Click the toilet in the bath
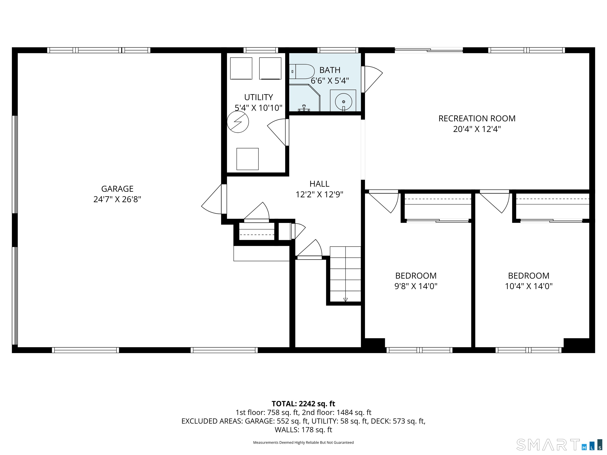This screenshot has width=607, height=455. pyautogui.click(x=302, y=71)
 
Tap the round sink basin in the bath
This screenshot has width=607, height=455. pyautogui.click(x=343, y=102)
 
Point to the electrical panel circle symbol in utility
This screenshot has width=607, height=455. pyautogui.click(x=238, y=122)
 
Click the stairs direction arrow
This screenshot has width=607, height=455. pyautogui.click(x=345, y=300)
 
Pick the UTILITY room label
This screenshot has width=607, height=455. pyautogui.click(x=258, y=97)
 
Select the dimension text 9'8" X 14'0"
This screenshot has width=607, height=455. pyautogui.click(x=416, y=286)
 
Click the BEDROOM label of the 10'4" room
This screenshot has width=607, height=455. pyautogui.click(x=529, y=276)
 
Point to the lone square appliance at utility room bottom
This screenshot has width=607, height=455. pyautogui.click(x=248, y=159)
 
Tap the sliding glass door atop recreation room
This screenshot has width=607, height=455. pyautogui.click(x=429, y=50)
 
